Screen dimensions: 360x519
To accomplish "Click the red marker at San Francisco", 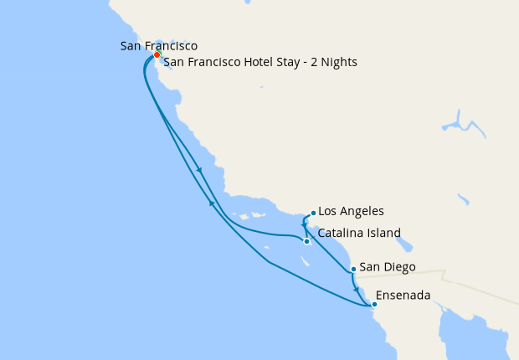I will (x=157, y=55).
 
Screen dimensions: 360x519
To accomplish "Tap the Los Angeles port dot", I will (x=312, y=213).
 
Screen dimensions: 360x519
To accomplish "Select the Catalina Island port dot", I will (x=307, y=242).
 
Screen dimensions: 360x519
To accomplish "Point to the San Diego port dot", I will (x=354, y=270).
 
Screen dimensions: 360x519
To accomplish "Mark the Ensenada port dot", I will (x=374, y=304).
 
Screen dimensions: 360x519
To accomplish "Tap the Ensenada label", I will (x=403, y=296).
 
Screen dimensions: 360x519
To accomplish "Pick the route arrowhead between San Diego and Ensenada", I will (x=357, y=289).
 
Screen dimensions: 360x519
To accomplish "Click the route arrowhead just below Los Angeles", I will (x=303, y=224).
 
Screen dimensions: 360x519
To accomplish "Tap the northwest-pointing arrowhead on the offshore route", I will (x=211, y=203).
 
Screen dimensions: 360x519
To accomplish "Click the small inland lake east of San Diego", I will (x=406, y=245).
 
